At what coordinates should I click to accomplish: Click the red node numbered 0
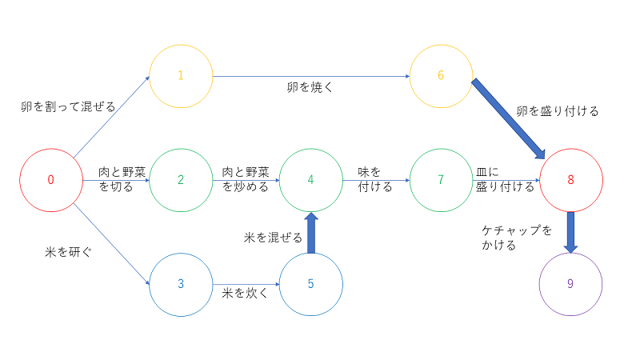50,180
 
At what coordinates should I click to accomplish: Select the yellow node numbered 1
181,76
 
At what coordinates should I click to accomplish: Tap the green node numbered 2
181,180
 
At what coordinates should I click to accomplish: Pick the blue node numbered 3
181,284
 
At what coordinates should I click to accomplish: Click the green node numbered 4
310,180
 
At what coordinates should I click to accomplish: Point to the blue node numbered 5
310,284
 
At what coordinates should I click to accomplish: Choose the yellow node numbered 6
441,76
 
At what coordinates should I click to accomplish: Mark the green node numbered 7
441,180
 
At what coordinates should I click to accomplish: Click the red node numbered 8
570,180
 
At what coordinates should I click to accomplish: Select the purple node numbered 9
570,284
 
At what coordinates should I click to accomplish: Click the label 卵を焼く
310,86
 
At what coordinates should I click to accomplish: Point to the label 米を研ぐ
68,252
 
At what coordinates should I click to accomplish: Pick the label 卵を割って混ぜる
68,106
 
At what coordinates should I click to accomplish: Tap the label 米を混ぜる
273,238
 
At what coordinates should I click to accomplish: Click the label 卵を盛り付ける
558,111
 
